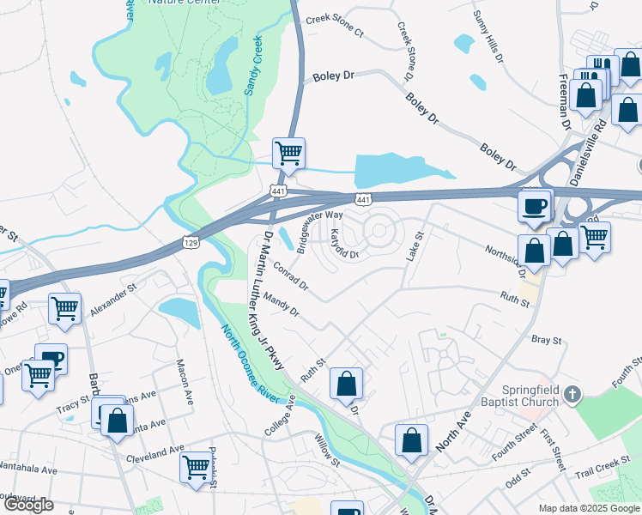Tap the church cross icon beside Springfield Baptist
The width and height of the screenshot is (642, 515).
tap(573, 395)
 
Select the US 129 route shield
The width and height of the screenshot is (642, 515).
tap(191, 243)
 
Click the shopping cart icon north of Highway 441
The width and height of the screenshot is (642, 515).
tap(289, 154)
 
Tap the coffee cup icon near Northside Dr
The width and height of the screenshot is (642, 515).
tap(535, 207)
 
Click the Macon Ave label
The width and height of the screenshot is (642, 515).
tap(183, 383)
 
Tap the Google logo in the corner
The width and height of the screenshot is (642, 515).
tap(28, 504)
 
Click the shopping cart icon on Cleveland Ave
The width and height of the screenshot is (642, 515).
tap(197, 467)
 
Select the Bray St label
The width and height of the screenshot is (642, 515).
tap(546, 341)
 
